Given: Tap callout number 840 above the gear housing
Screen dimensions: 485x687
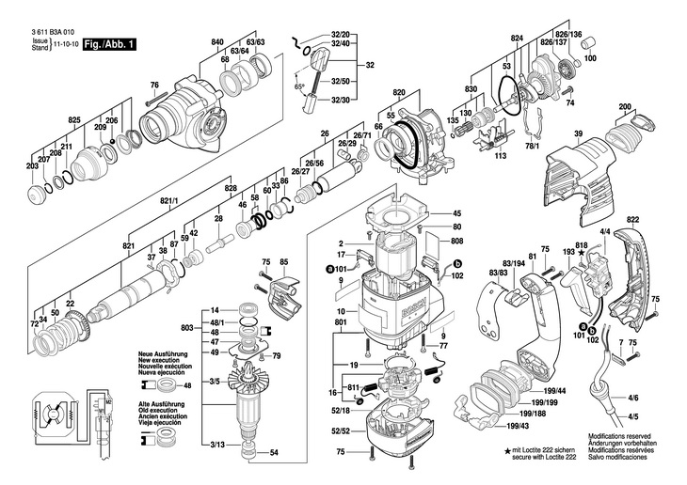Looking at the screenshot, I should (217, 43).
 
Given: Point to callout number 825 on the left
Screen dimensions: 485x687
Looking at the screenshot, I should (74, 120).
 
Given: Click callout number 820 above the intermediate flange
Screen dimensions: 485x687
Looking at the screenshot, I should (399, 94).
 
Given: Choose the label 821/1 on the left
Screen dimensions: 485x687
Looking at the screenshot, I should (169, 202).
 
